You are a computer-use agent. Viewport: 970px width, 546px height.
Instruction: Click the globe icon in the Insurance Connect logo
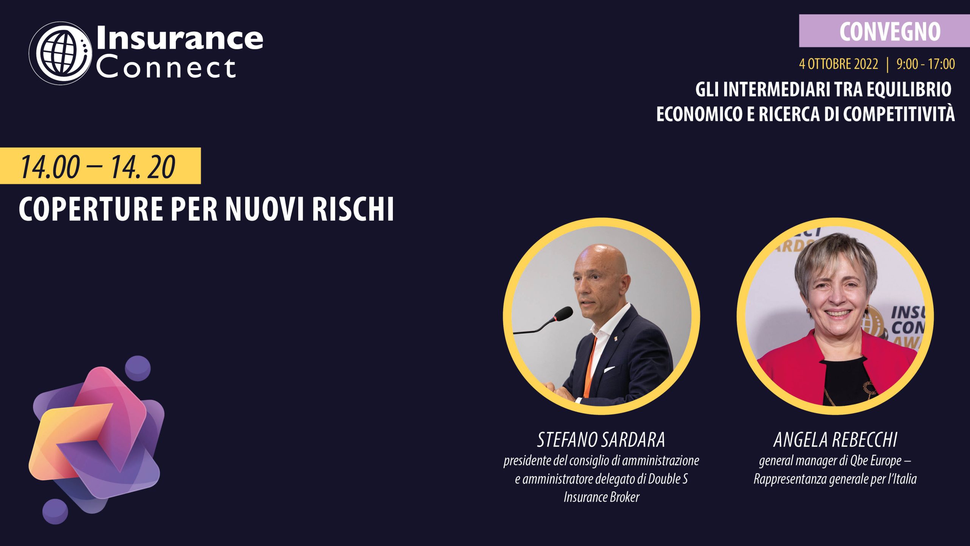click(61, 53)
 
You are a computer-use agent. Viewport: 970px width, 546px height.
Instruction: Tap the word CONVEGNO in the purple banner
click(890, 31)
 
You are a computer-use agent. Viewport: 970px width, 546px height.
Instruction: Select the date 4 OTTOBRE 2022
click(839, 64)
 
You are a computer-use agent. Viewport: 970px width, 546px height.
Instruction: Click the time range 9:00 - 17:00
click(926, 64)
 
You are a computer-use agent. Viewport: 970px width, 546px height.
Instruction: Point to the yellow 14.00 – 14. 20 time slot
click(100, 166)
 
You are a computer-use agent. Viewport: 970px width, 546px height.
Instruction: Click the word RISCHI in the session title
click(353, 209)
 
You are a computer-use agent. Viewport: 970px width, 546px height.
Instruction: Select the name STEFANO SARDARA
click(601, 440)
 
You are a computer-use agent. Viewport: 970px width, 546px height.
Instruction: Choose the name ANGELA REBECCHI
click(835, 440)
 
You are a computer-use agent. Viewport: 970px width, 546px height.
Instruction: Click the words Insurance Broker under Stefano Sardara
click(601, 497)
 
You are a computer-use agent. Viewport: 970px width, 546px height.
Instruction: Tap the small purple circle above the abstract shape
click(138, 368)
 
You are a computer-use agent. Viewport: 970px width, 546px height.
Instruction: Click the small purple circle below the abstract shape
click(55, 511)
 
